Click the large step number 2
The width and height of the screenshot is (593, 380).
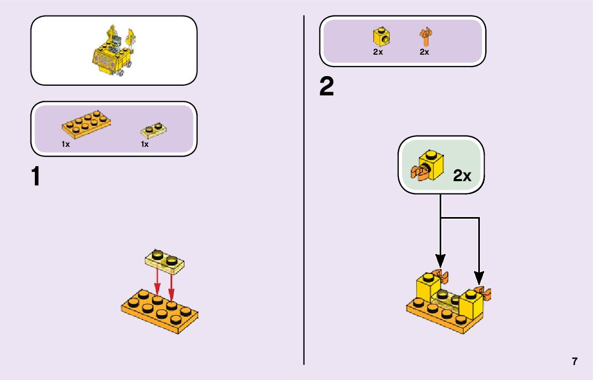tap(326, 87)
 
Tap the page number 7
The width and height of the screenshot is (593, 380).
tap(574, 361)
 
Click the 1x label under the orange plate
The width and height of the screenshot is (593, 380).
tap(65, 144)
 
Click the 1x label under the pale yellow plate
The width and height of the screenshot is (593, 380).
tap(145, 144)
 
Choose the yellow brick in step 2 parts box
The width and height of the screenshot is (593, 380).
tap(381, 36)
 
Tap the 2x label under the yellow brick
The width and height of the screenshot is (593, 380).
tap(378, 52)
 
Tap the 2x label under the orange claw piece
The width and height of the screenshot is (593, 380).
tap(424, 52)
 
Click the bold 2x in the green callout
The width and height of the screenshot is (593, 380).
tap(462, 175)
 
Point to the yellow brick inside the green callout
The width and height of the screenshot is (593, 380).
tap(432, 163)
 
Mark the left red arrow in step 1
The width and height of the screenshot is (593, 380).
tap(157, 280)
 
